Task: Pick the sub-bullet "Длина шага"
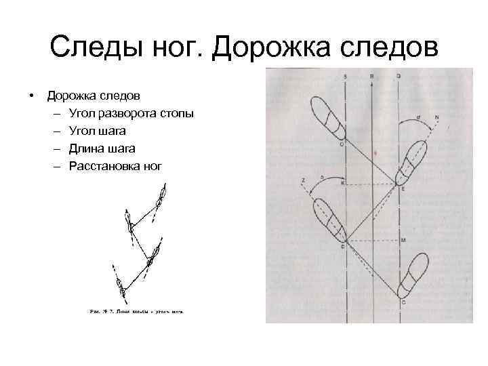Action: pyautogui.click(x=101, y=147)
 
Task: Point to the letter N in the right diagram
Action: pyautogui.click(x=436, y=118)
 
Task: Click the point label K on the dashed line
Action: pyautogui.click(x=342, y=182)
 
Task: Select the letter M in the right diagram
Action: pyautogui.click(x=403, y=241)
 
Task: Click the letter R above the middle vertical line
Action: pyautogui.click(x=371, y=77)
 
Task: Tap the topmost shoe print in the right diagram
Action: pyautogui.click(x=328, y=117)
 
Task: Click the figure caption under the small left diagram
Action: pyautogui.click(x=136, y=312)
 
